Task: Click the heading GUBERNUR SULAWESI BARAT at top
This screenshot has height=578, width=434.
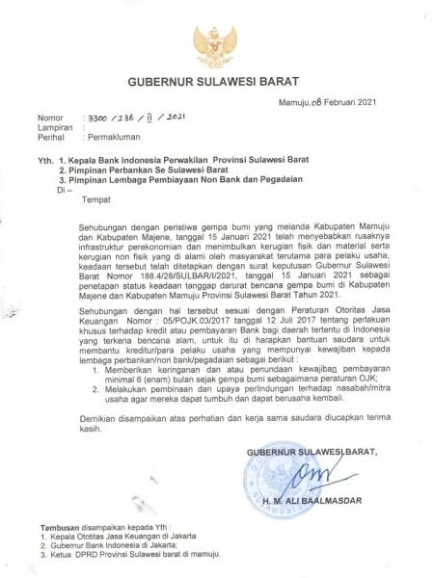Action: pos(216,84)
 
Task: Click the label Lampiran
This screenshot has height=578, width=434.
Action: pos(53,136)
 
